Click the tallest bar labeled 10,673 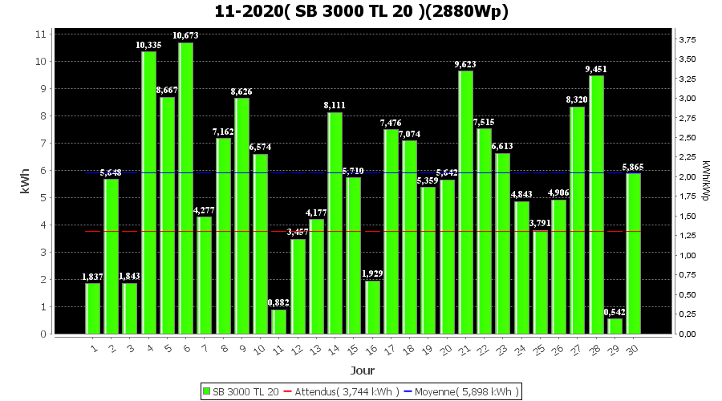pos(186,188)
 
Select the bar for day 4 pos(149,192)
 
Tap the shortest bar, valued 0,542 pos(615,326)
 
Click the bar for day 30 pos(634,253)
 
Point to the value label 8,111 pos(335,105)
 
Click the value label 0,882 pos(279,302)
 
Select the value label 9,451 pos(597,69)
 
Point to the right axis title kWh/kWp pos(705,181)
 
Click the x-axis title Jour pos(362,371)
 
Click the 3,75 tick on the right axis pos(687,40)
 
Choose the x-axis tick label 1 pos(94,349)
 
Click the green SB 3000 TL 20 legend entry pos(241,391)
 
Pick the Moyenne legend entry pos(461,391)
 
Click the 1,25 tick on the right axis pos(687,236)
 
